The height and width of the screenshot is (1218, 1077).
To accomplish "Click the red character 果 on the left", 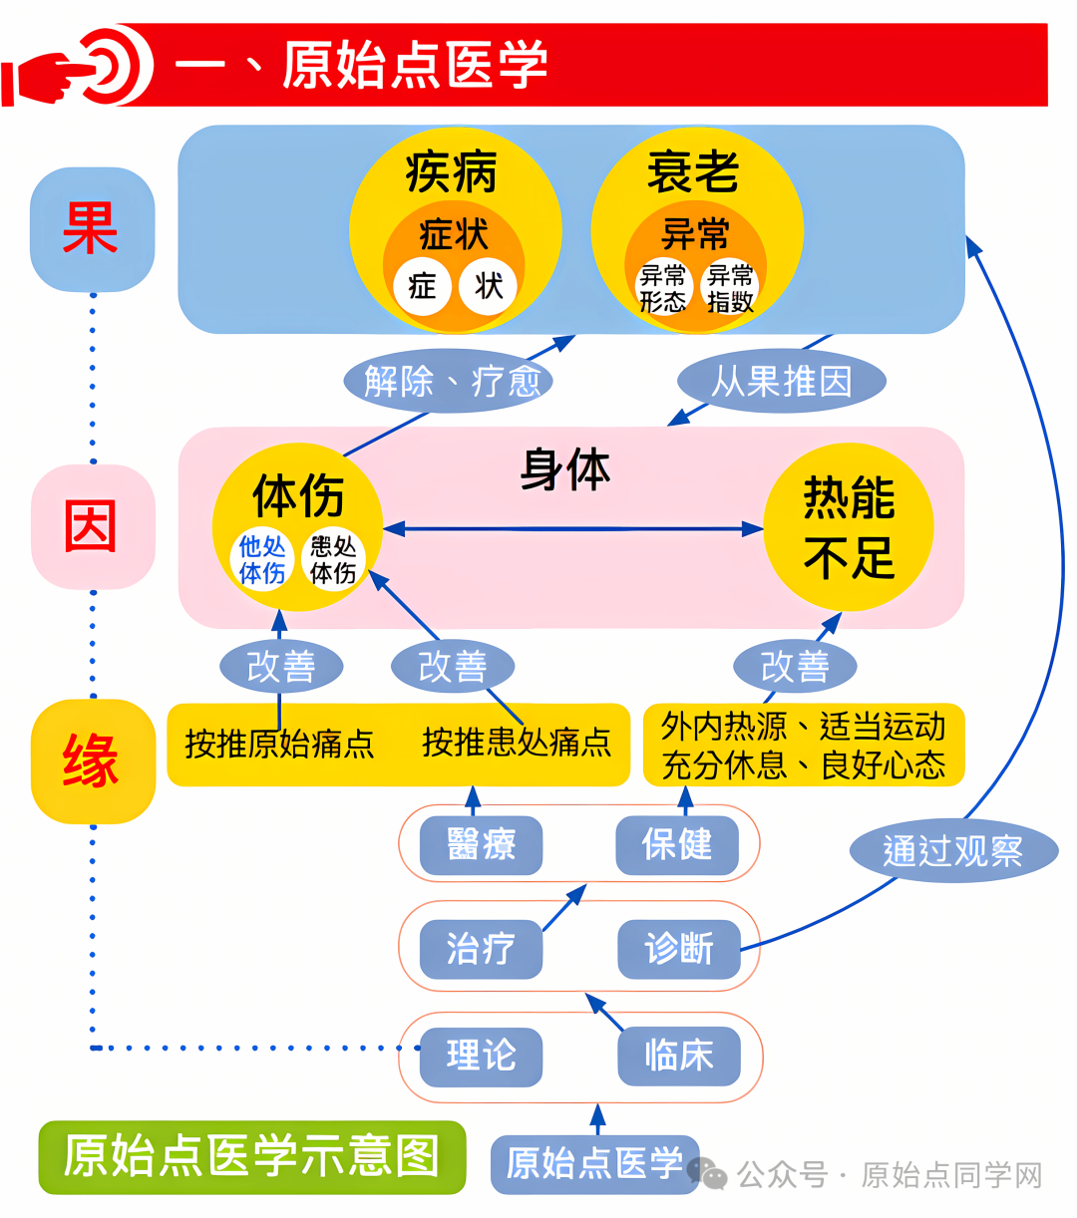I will coord(91,228).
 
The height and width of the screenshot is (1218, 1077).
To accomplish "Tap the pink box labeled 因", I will coord(93,526).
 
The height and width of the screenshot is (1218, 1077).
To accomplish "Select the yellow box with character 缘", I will coord(93,761).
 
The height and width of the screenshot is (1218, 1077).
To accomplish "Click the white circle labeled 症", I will coord(422,287).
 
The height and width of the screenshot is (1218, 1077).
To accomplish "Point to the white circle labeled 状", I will coord(489,287).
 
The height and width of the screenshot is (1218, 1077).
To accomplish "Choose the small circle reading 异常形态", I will coord(663,288).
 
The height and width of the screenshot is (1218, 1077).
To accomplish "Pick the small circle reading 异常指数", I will coord(730,288).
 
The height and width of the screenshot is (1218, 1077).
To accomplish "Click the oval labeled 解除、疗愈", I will coord(449,381).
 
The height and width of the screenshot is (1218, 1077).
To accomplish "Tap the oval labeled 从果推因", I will coord(782,381).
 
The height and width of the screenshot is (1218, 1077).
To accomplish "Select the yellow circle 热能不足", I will coord(849,527).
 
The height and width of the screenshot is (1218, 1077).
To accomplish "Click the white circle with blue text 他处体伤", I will coord(262,559).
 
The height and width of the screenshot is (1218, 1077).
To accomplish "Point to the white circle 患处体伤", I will coord(332,559).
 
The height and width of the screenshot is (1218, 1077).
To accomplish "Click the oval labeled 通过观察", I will coord(952,850).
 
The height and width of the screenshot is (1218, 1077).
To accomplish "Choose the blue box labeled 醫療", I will coord(481,845).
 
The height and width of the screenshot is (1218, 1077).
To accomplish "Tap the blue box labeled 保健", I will coord(677,845).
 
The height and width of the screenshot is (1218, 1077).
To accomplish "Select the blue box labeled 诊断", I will coord(679,948).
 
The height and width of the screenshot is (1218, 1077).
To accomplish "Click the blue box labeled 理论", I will coord(481,1056).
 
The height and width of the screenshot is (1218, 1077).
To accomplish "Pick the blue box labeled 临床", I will coord(679,1056).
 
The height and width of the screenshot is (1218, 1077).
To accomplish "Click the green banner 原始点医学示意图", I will coord(252,1156).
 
